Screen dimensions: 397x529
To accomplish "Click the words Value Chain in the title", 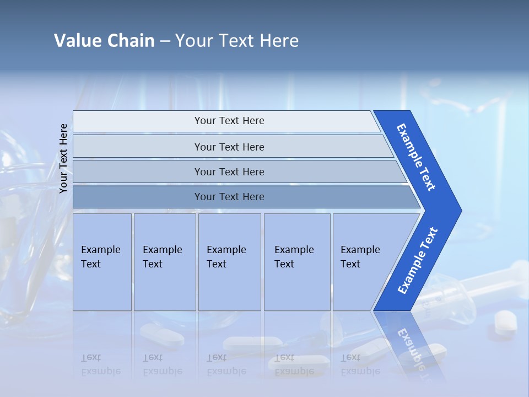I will tap(104, 41).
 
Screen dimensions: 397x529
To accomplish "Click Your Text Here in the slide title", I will tap(237, 41).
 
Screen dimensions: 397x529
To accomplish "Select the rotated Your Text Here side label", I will tap(63, 159).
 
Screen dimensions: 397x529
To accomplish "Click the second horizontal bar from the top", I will tap(229, 147).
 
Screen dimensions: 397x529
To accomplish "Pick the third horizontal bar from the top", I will tap(229, 171).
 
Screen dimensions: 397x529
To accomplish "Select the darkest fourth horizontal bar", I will tap(229, 197).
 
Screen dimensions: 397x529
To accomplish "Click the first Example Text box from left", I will tap(102, 262).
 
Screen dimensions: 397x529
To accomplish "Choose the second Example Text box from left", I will tap(165, 262).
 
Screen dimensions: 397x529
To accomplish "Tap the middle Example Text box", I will tap(229, 262).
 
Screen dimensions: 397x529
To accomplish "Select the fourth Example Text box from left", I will tap(297, 262).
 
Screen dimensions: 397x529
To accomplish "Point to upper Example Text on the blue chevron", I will tap(416, 157).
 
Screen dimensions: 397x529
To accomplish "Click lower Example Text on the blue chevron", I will tap(417, 261).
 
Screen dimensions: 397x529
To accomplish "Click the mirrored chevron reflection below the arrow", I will tap(411, 345).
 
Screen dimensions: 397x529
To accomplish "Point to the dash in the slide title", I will tap(165, 41).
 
